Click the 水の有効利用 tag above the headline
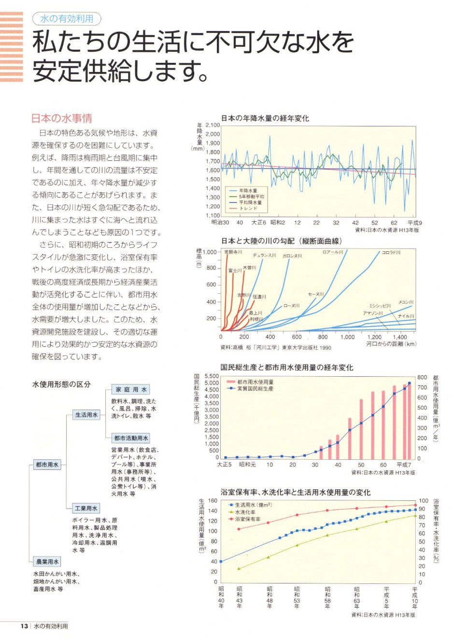point(67,19)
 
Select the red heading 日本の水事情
point(61,118)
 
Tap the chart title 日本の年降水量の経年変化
point(265,118)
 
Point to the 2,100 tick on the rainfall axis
point(213,125)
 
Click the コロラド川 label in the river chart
point(391,252)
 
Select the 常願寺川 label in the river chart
point(234,252)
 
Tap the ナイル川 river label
point(406,316)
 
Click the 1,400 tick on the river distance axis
point(399,337)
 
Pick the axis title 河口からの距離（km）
point(391,344)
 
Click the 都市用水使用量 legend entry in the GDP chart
point(255,382)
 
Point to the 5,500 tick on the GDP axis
point(212,376)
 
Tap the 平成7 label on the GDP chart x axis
point(404,465)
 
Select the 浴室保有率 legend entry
point(248,519)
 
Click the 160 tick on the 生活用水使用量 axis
point(213,500)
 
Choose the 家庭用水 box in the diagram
point(131,389)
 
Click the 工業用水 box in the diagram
point(86,508)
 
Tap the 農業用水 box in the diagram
point(47,561)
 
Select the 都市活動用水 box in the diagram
point(131,438)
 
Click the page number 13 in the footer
point(24,626)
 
